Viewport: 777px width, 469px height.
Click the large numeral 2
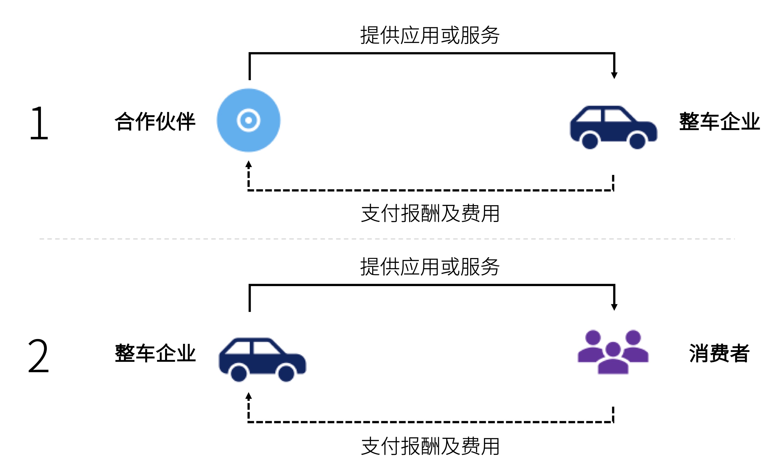pos(39,356)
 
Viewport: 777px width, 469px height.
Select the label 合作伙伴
pos(155,121)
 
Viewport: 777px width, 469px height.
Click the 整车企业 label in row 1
pos(719,121)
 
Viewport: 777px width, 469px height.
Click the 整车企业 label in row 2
pos(155,353)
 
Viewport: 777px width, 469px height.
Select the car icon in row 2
pos(262,360)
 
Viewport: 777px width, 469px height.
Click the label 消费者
pos(719,353)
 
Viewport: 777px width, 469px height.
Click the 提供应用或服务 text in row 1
pos(430,35)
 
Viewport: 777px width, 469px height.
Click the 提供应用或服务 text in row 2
pos(430,267)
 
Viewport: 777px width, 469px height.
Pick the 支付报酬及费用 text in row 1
pos(430,213)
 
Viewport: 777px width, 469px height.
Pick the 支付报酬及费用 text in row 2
pos(430,446)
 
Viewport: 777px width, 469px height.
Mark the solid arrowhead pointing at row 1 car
pos(614,75)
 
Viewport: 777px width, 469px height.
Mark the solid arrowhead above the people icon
pos(614,307)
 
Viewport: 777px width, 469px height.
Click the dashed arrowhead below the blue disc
pos(249,164)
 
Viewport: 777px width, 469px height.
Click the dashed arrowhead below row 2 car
pos(249,396)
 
